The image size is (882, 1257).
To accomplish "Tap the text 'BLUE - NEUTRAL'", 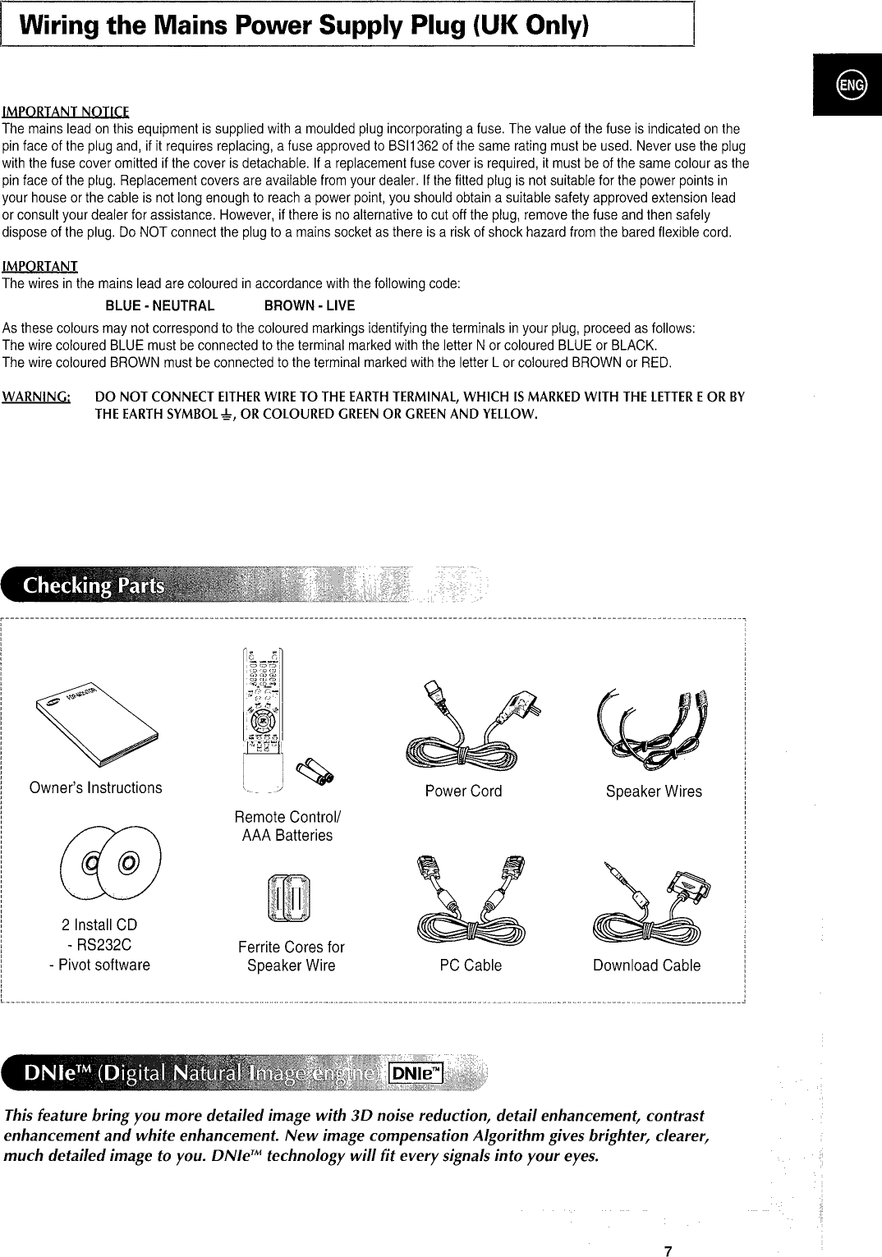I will click(x=160, y=306).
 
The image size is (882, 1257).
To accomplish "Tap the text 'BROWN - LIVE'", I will click(x=310, y=306).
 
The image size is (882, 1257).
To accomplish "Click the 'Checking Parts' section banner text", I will click(x=93, y=585).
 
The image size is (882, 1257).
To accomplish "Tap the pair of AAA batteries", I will click(x=315, y=770).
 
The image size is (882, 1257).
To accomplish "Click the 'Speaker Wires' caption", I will click(x=654, y=791).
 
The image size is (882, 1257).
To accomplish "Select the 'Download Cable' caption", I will click(x=646, y=966).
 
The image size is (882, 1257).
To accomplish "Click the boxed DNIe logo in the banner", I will click(x=416, y=1073).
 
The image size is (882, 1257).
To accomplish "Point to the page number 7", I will click(x=668, y=1250).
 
